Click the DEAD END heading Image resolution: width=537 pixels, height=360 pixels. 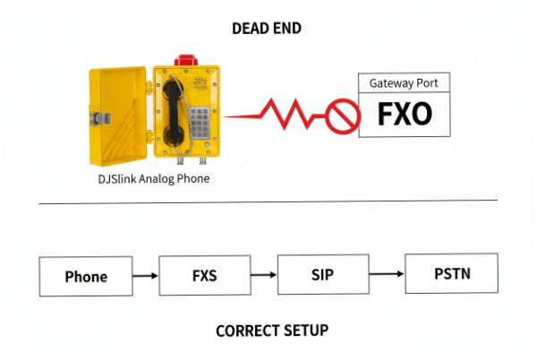click(267, 29)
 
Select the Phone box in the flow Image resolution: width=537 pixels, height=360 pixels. click(86, 276)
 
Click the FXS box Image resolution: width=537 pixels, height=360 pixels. click(204, 276)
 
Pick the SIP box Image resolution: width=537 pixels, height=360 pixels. click(324, 274)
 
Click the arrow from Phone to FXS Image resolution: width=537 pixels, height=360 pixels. click(146, 276)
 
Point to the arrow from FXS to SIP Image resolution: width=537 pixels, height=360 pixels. click(264, 275)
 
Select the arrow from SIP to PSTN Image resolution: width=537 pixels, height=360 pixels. click(388, 274)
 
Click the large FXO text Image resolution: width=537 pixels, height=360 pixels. click(403, 115)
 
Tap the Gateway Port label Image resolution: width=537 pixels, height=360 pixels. click(403, 83)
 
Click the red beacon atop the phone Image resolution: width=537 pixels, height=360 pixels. click(186, 59)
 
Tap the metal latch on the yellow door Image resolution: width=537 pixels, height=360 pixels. click(101, 116)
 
